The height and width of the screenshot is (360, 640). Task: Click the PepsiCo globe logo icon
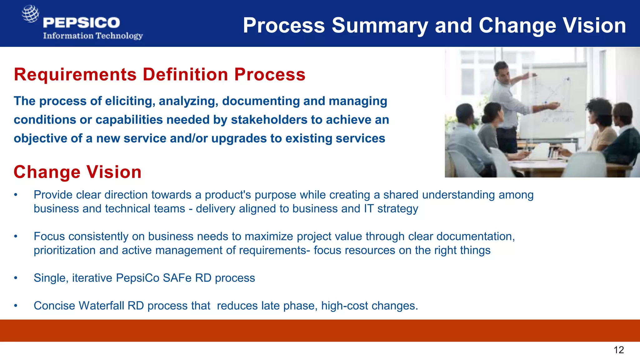tap(30, 14)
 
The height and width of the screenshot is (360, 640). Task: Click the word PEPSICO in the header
tap(82, 22)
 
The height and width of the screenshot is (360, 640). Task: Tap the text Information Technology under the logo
tap(93, 36)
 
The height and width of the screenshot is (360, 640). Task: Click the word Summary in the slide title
tap(379, 26)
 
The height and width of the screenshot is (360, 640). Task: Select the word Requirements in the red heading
tap(75, 75)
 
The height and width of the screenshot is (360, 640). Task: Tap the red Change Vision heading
tap(77, 172)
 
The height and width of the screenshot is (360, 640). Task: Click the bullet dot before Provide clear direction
tap(16, 195)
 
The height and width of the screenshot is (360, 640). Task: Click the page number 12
tap(619, 350)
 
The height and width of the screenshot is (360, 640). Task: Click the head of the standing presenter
tap(502, 70)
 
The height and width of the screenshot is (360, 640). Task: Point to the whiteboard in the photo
tap(553, 100)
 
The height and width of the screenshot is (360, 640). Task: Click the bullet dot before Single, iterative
tap(16, 278)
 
